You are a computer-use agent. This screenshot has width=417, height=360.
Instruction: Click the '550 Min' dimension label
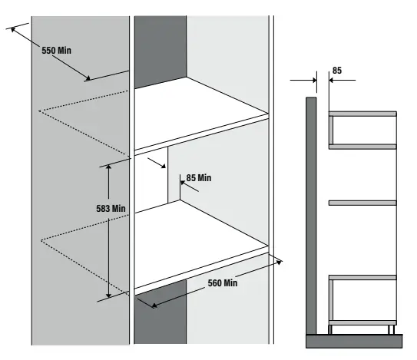tap(58, 50)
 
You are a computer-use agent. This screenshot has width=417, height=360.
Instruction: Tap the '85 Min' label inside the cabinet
tap(198, 178)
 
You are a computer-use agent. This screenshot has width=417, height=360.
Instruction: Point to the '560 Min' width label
tap(223, 283)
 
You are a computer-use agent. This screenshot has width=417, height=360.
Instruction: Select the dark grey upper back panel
tap(161, 50)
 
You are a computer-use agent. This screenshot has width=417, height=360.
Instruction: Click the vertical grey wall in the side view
tap(311, 215)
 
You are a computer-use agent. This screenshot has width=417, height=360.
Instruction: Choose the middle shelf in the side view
tap(362, 203)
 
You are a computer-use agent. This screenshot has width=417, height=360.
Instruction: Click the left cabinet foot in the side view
tap(332, 329)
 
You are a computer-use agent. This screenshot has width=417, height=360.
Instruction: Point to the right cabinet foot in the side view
tap(392, 329)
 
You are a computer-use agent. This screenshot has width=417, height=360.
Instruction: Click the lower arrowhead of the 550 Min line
tap(91, 78)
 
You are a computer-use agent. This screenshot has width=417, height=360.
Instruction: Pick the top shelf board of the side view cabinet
tap(362, 114)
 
